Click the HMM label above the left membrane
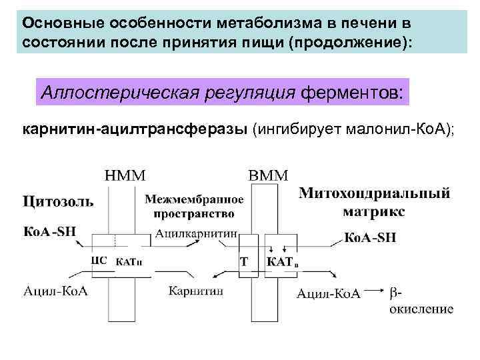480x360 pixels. pos(125,175)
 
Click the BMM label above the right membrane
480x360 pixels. pos(268,175)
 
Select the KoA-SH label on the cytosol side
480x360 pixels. pos(50,232)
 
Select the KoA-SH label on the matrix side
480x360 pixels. pos(371,237)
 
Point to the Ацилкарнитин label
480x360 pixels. pos(197,233)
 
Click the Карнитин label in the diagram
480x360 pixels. pos(195,291)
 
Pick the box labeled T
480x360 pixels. pos(244,262)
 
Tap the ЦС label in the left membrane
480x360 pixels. pos(103,261)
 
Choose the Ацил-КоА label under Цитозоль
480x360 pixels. pos(56,291)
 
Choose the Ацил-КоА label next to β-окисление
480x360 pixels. pos(329,293)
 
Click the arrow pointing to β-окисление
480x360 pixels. pos(375,292)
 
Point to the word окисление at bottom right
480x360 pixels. pos(421,309)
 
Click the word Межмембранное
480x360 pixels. pos(194,199)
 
